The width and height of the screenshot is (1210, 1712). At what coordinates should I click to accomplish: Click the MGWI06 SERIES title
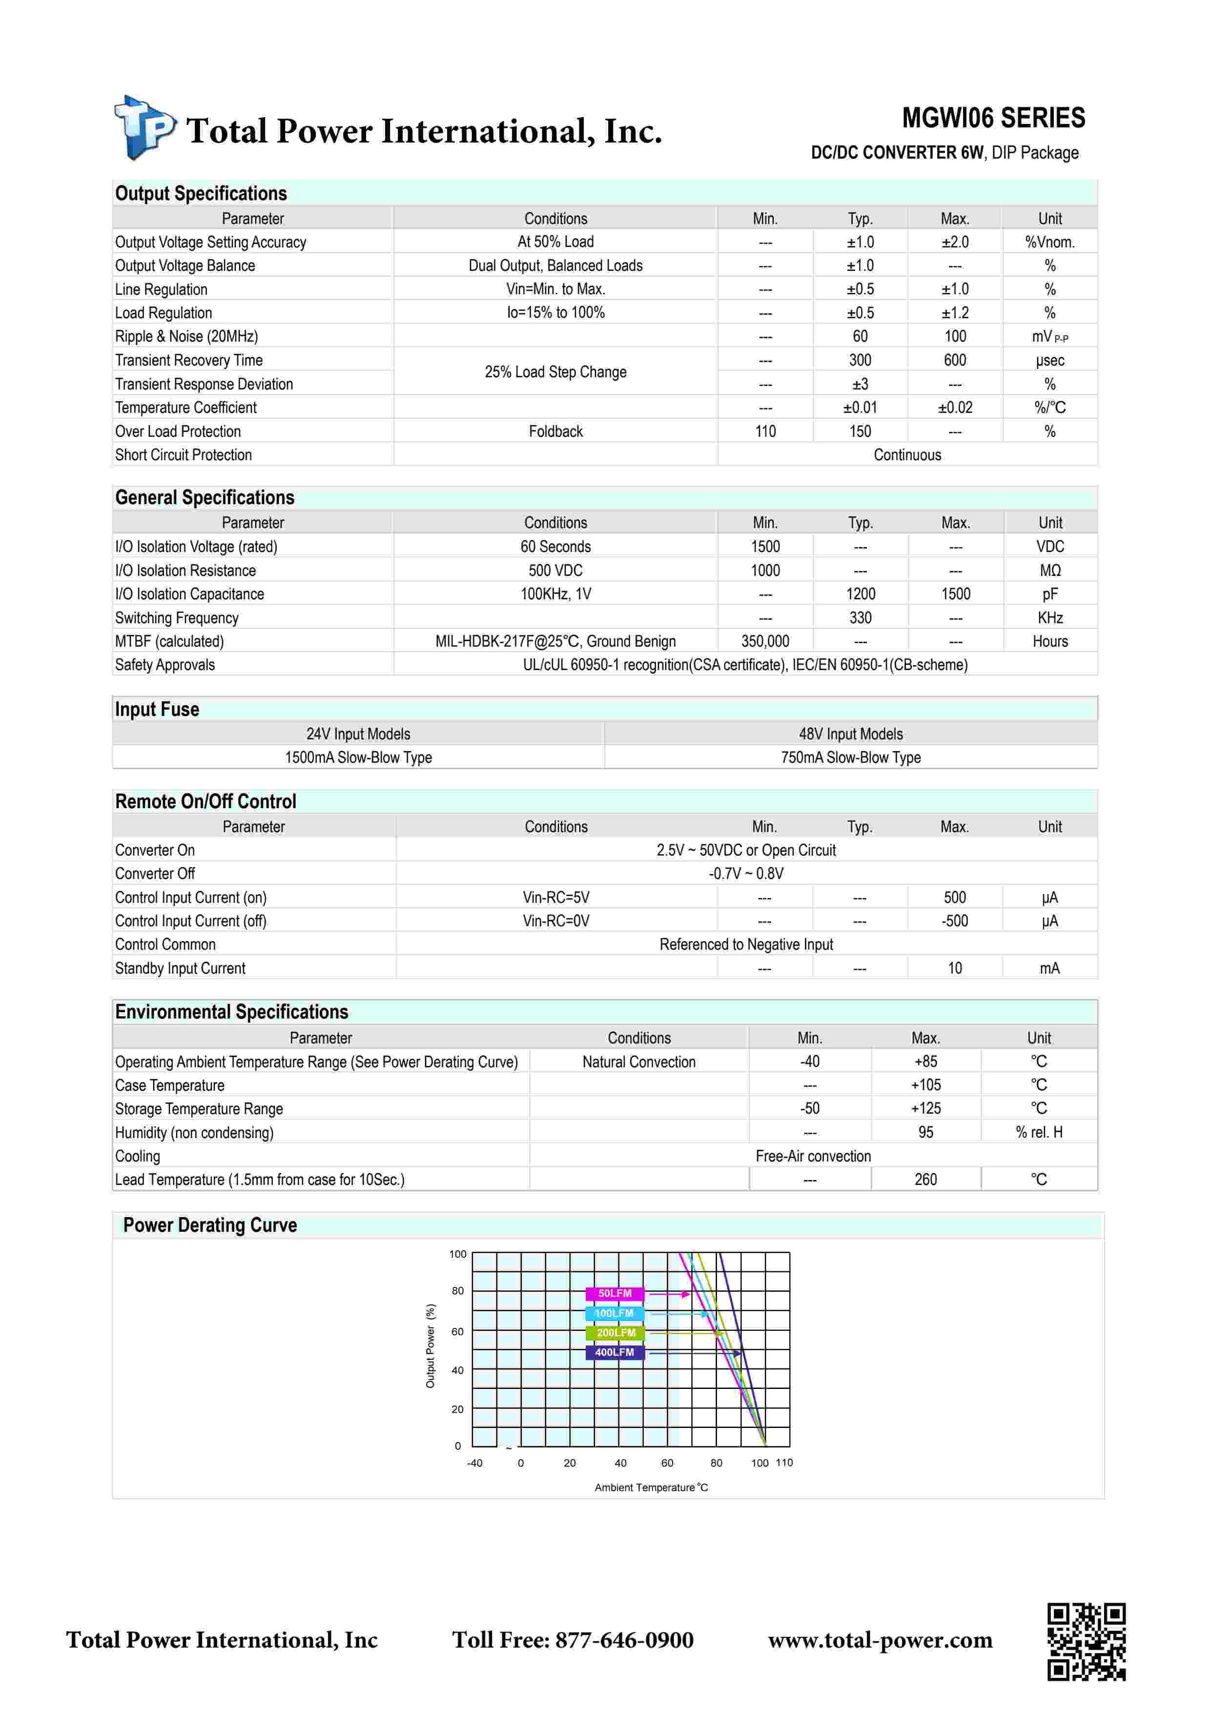993,118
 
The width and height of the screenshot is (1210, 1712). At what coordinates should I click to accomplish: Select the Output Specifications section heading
201,193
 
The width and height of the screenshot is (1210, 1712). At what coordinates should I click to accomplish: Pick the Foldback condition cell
555,431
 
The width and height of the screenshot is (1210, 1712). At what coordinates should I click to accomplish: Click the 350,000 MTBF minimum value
765,641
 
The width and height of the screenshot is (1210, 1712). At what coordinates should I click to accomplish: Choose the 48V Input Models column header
851,734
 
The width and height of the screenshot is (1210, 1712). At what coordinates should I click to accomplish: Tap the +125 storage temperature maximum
925,1109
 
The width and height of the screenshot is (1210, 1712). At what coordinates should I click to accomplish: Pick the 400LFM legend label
615,1352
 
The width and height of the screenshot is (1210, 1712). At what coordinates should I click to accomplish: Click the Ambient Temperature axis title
651,1488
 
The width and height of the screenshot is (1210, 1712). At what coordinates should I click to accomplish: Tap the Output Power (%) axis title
430,1346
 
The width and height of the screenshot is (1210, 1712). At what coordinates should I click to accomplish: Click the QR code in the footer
1086,1641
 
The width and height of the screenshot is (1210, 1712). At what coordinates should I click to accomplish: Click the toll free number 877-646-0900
573,1640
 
